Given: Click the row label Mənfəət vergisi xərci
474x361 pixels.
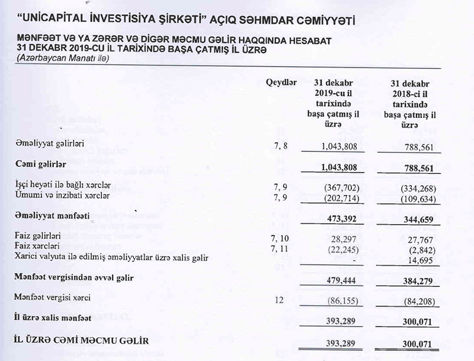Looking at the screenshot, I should pyautogui.click(x=57, y=298).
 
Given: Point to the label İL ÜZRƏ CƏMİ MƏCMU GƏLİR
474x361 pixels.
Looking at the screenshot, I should pyautogui.click(x=79, y=341).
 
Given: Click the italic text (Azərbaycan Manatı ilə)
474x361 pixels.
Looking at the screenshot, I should pyautogui.click(x=62, y=57).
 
